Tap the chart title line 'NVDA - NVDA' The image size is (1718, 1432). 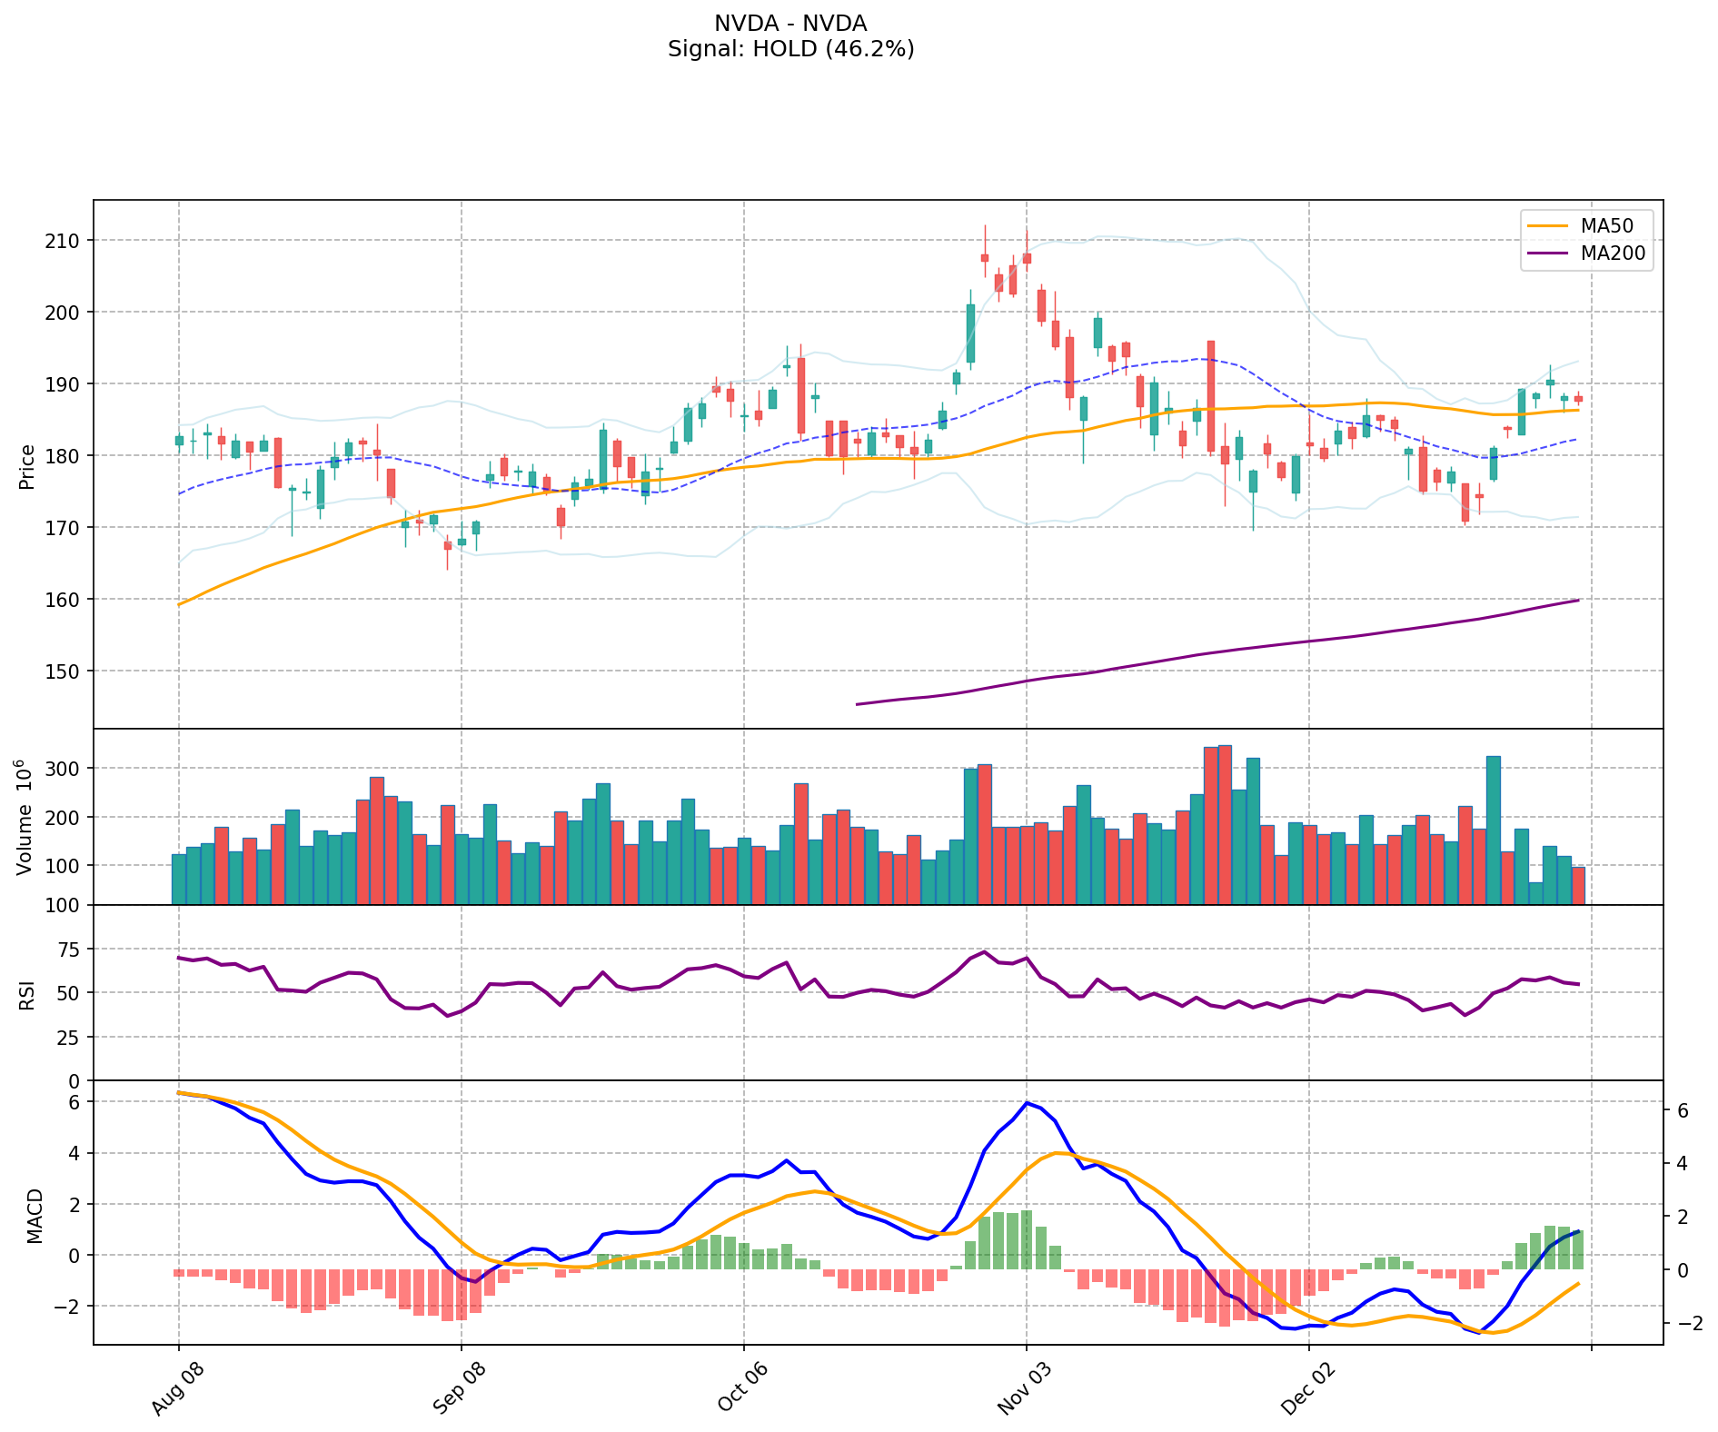790,24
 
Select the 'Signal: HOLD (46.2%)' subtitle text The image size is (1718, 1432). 790,49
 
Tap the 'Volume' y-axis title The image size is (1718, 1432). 25,817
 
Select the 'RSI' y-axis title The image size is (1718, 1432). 27,994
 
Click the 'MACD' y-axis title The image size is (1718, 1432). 35,1216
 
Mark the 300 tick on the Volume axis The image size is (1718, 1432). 64,769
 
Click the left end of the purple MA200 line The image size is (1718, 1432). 858,704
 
